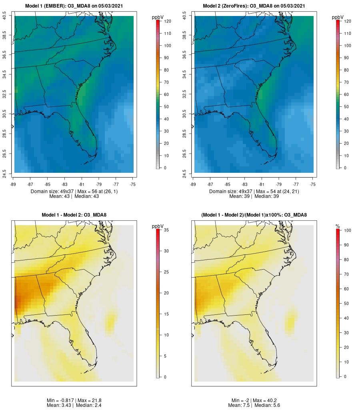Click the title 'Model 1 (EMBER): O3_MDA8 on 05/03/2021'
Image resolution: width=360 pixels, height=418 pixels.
click(x=74, y=6)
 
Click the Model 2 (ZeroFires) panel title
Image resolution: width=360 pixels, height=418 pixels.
click(x=254, y=6)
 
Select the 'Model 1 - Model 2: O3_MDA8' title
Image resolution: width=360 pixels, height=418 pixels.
click(x=74, y=215)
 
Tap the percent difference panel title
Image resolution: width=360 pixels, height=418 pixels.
click(x=254, y=215)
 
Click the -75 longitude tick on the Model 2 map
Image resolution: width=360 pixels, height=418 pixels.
click(x=313, y=184)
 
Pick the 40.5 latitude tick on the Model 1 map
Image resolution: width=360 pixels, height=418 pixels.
click(x=5, y=16)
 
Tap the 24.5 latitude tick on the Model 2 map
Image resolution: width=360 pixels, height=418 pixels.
click(x=184, y=172)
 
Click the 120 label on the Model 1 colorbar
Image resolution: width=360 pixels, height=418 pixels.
click(x=168, y=21)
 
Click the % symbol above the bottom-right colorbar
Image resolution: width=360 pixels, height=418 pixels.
click(x=338, y=226)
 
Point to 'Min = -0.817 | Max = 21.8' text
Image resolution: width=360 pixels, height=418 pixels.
click(x=74, y=400)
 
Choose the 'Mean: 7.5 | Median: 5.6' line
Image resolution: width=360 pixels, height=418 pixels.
click(x=254, y=405)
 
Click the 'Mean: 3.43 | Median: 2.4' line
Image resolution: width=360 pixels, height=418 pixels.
click(x=74, y=405)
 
